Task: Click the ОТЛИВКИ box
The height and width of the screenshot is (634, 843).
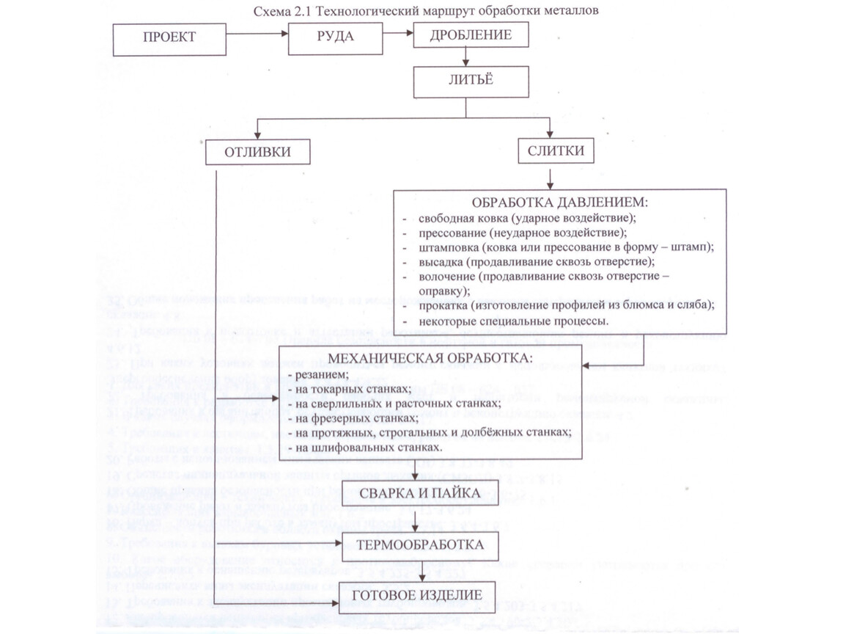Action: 257,153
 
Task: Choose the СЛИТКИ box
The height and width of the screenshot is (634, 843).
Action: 556,151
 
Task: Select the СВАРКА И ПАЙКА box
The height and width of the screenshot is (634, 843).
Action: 420,493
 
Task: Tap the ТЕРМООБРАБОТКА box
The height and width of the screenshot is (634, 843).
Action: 419,545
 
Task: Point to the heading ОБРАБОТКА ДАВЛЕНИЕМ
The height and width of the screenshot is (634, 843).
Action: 560,202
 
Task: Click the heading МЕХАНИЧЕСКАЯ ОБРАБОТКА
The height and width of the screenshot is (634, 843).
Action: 430,358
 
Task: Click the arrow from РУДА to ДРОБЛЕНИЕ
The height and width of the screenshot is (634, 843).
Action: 398,33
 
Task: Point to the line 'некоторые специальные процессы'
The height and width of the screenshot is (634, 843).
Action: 513,320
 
